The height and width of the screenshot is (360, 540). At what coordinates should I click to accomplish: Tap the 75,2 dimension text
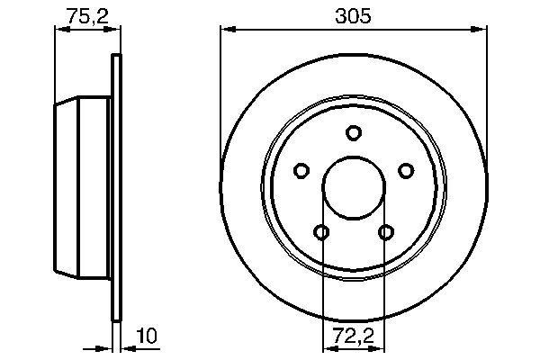click(x=83, y=14)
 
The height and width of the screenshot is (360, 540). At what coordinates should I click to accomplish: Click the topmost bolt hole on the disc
click(x=354, y=132)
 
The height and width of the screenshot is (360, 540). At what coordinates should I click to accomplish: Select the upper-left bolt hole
click(x=301, y=170)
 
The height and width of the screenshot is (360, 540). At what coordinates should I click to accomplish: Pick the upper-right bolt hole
click(x=406, y=170)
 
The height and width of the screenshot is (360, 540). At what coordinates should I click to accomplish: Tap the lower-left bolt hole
click(x=321, y=232)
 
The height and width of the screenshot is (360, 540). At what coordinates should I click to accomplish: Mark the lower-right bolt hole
click(x=386, y=232)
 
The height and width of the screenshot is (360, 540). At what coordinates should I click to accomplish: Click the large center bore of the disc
click(x=354, y=187)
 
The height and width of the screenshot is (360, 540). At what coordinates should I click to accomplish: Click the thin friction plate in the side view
click(x=115, y=189)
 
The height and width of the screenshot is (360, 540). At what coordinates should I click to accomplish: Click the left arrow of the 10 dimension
click(x=104, y=347)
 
